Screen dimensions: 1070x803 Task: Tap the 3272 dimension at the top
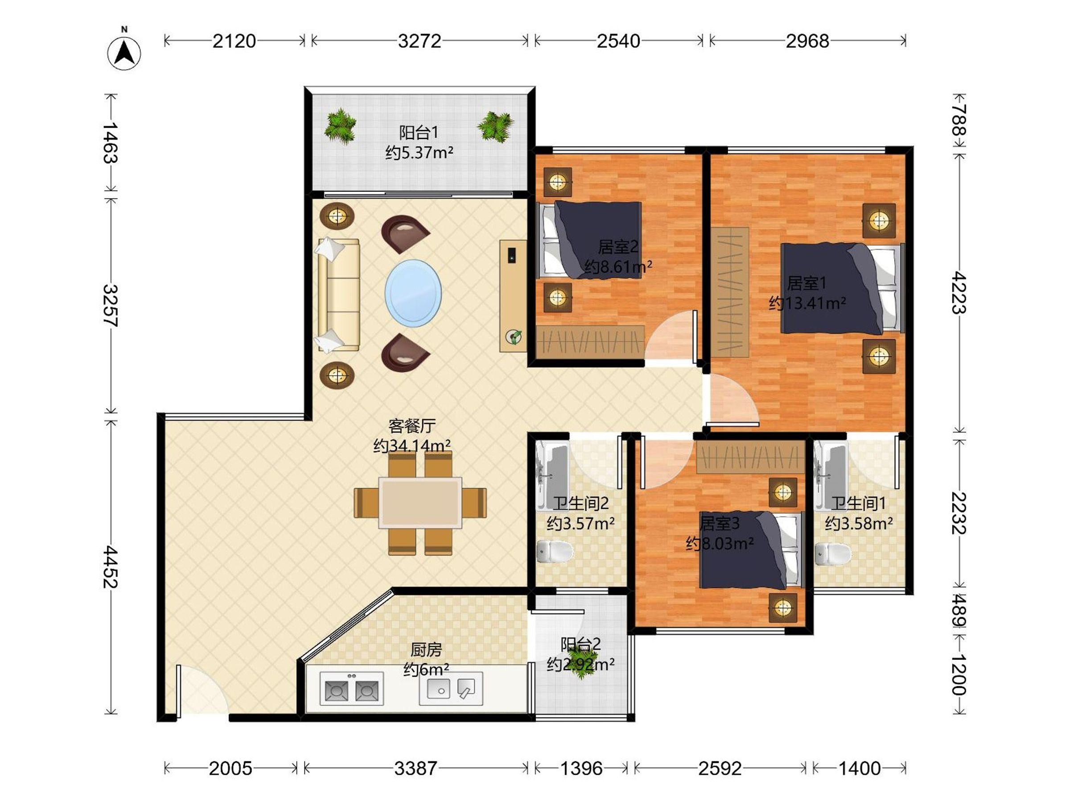pos(420,41)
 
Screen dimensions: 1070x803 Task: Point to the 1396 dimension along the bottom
pos(581,768)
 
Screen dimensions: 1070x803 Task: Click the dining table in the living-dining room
pos(420,502)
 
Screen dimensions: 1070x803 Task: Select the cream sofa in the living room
pos(338,295)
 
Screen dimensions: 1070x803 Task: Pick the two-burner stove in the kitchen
pos(352,688)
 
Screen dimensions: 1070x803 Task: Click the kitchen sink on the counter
pos(451,688)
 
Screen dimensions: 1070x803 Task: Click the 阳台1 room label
pos(419,132)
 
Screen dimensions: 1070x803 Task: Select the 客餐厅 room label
pos(412,426)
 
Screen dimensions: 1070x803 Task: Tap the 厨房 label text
pos(426,649)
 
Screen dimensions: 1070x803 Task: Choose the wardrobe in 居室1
pos(730,292)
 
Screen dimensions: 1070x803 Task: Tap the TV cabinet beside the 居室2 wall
pos(513,295)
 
